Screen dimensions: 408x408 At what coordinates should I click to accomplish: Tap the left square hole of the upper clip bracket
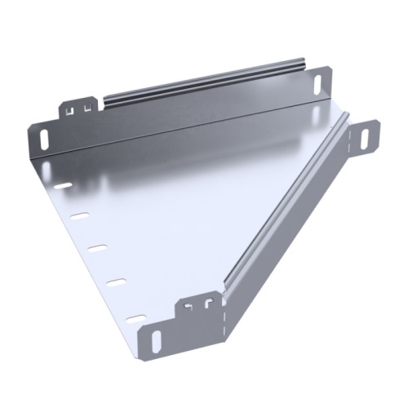pos(71,107)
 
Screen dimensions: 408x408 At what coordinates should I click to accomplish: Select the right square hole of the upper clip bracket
pos(85,104)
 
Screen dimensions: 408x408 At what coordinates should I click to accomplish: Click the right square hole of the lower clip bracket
pos(209,304)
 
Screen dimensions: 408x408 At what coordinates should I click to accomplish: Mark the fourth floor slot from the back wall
pos(118,282)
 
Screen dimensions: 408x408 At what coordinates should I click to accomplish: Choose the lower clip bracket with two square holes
pos(200,306)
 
